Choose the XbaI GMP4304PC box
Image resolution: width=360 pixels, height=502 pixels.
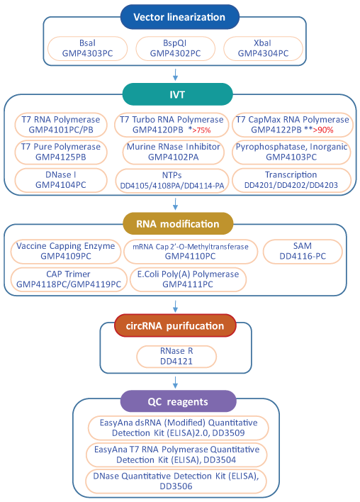tap(263, 48)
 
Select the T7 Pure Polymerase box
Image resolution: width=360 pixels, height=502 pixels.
tap(61, 151)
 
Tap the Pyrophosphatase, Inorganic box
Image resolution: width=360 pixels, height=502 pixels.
tap(292, 151)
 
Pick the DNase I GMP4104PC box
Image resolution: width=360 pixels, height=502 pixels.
tap(61, 180)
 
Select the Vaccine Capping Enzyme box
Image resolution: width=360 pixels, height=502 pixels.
tap(65, 251)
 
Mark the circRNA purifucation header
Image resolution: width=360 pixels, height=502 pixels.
tap(175, 325)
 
